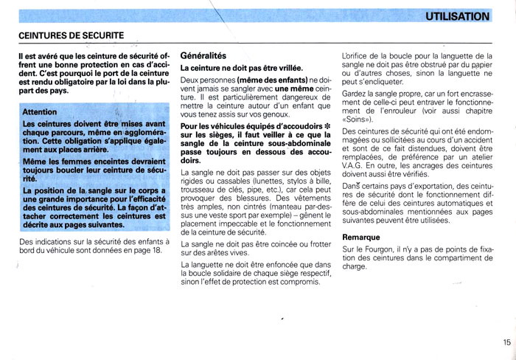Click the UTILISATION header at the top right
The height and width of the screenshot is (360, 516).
(457, 16)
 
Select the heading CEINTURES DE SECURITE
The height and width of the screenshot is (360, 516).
(71, 35)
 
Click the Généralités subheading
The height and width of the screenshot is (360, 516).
(208, 55)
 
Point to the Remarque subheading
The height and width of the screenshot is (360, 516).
(361, 238)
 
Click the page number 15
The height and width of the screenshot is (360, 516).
(507, 342)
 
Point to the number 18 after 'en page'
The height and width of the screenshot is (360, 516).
(157, 251)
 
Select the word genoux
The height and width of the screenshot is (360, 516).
(273, 114)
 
